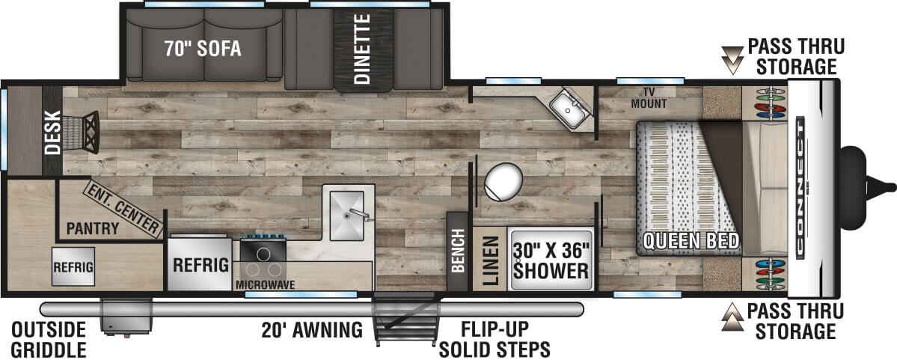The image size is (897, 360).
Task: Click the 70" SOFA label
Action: pos(203,49)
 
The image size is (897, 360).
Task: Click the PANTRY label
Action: pos(93,228)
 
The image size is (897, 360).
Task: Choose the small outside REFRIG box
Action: pos(73,265)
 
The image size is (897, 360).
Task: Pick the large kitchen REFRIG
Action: pos(200,264)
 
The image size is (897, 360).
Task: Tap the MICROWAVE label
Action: pos(266,284)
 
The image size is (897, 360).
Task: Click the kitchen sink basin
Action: pos(346,215)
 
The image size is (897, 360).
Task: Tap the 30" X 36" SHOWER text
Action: pos(552,258)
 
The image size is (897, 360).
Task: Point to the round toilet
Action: pos(503,181)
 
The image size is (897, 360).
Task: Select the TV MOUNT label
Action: pos(649,98)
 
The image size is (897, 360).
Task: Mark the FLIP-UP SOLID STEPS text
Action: pos(495,339)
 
